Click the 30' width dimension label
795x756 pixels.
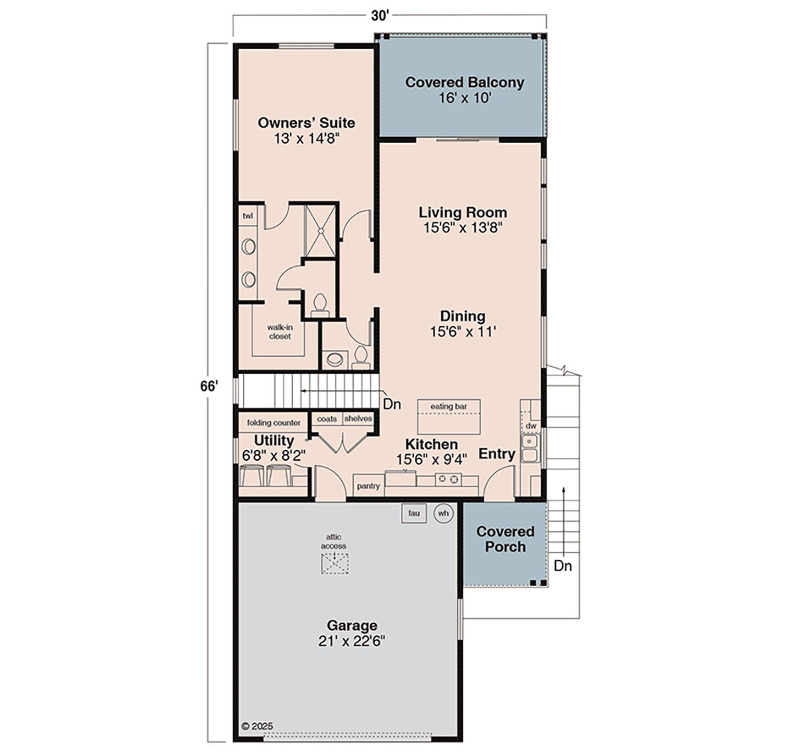(x=380, y=16)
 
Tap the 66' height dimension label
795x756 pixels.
(x=209, y=387)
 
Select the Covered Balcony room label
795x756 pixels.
(x=464, y=82)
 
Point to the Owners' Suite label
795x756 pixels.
(x=306, y=122)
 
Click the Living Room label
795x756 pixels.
(x=462, y=212)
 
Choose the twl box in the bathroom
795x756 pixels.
(x=248, y=216)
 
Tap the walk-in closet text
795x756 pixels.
(x=280, y=332)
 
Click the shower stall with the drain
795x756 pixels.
(x=320, y=231)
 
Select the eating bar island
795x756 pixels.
(x=449, y=416)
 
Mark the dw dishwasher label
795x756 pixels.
(x=531, y=426)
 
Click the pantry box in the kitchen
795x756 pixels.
(x=368, y=486)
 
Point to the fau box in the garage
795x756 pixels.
(x=413, y=513)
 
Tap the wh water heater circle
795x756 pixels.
(x=444, y=513)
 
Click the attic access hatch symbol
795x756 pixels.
(x=335, y=563)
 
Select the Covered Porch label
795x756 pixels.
(x=505, y=539)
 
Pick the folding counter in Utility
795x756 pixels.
(x=274, y=422)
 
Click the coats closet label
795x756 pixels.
(x=327, y=418)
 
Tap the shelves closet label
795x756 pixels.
(x=358, y=418)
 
